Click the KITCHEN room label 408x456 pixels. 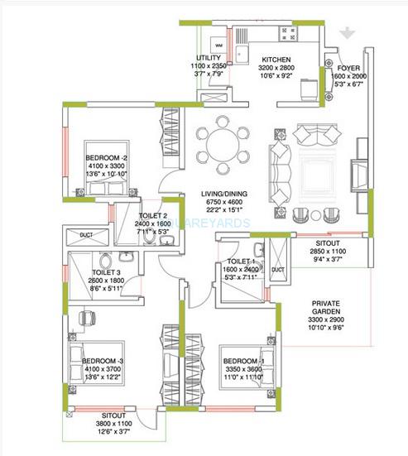274,60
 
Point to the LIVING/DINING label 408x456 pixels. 228,195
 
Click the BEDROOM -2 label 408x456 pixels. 105,156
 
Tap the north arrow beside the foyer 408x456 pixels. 352,34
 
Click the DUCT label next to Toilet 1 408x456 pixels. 278,270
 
